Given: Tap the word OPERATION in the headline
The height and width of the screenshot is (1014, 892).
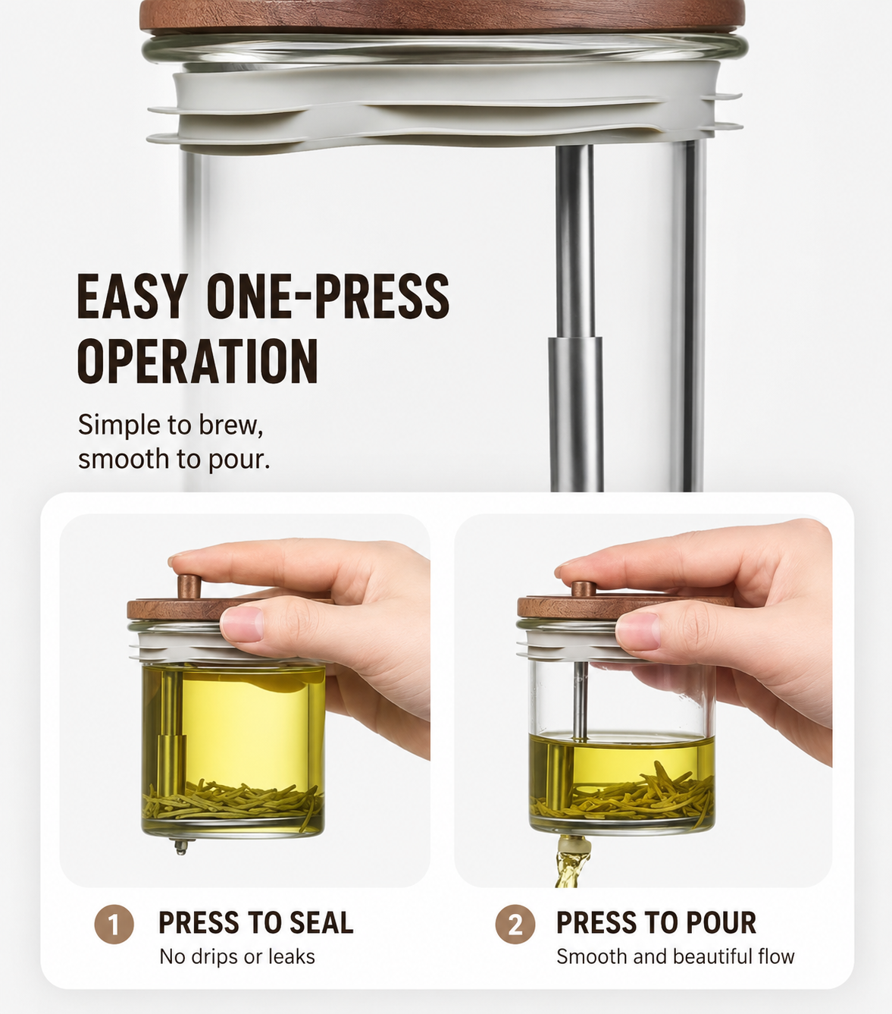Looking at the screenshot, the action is [x=198, y=360].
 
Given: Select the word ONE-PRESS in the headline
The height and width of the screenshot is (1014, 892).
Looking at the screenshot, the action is [x=327, y=297].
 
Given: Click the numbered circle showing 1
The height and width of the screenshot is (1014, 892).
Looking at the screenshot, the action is [x=114, y=924].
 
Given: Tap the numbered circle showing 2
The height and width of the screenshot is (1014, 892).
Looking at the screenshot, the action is [x=515, y=924].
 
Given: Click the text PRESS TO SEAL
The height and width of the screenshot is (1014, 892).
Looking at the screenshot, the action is [x=255, y=922].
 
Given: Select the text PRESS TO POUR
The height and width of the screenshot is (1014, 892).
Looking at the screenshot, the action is [x=656, y=922].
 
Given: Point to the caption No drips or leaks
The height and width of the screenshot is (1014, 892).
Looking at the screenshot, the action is [x=237, y=956].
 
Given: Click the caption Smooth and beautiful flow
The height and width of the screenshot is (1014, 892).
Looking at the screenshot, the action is [x=675, y=956].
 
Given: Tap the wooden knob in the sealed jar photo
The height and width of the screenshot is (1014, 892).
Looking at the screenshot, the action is [x=189, y=586].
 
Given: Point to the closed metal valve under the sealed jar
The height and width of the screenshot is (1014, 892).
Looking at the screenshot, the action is [x=180, y=846].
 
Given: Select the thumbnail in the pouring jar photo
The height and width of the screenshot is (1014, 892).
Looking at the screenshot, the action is [x=637, y=632].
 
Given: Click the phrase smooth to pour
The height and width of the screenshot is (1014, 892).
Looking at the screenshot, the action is [x=174, y=460].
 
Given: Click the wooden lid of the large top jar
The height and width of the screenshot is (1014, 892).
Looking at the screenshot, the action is [x=443, y=15].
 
